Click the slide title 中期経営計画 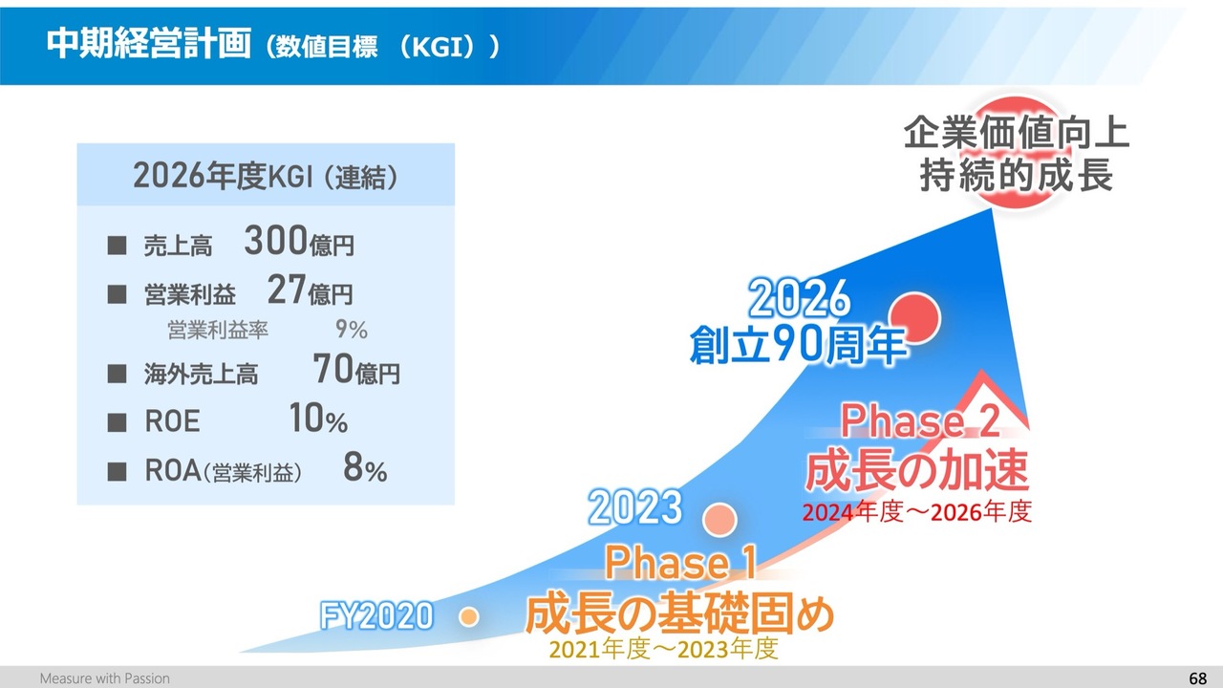point(148,43)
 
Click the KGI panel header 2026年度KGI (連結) point(266,176)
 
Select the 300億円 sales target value point(299,241)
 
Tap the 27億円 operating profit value point(311,290)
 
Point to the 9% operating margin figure point(351,330)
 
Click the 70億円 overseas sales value point(356,369)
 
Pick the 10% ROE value point(318,419)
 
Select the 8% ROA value point(365,468)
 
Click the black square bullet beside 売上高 point(117,246)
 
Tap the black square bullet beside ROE point(117,422)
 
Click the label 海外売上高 point(201,375)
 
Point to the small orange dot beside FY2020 point(468,617)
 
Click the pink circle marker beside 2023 point(719,519)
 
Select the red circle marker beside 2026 point(914,318)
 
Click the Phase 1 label point(681,563)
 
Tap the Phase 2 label point(920,421)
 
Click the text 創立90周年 point(798,345)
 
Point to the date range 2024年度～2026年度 point(916,512)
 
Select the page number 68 point(1197,678)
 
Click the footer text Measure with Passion point(105,678)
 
